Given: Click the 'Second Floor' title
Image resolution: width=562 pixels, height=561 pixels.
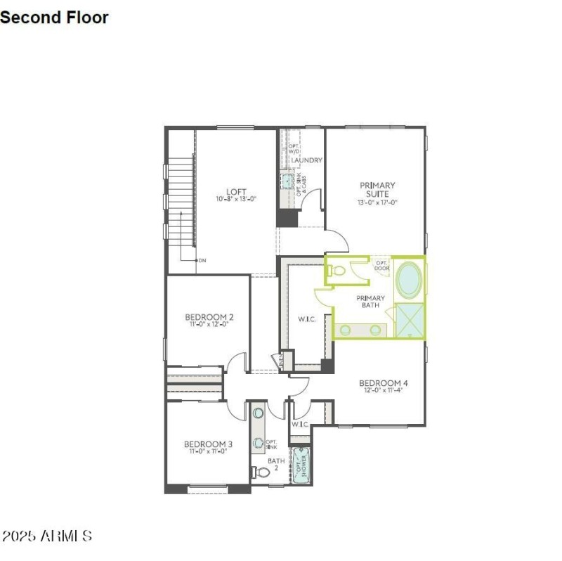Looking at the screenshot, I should click(54, 18).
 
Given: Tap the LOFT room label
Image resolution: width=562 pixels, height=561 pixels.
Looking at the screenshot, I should click(236, 191).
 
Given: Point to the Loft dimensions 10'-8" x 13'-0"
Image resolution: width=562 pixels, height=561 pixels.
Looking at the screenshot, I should click(236, 200).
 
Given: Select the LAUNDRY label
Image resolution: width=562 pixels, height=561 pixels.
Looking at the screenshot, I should click(307, 160).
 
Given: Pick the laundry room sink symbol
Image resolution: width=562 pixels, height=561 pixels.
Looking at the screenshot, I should click(287, 181).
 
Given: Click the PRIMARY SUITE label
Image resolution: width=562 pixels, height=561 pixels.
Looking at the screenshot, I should click(378, 190).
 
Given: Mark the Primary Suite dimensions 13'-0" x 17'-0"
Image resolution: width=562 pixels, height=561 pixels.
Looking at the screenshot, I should click(378, 202).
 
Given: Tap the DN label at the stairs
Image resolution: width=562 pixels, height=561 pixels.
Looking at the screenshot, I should click(202, 260).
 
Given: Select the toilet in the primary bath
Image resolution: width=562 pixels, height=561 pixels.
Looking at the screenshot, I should click(336, 269).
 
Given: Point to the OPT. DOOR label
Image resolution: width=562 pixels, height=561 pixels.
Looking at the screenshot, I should click(381, 265).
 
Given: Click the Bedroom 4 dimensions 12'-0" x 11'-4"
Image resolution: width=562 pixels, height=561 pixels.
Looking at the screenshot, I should click(384, 391).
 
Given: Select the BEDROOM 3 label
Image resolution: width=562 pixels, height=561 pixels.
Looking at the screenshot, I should click(208, 444).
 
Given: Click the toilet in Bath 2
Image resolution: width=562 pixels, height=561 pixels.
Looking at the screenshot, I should click(261, 472).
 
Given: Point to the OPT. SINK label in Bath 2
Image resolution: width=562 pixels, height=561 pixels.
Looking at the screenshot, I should click(271, 444).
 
